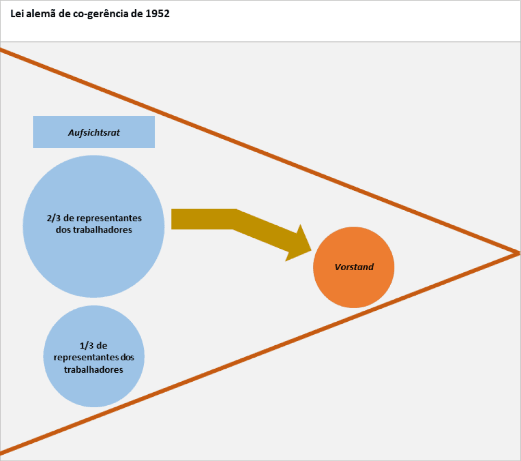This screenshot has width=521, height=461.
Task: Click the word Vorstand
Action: (354, 267)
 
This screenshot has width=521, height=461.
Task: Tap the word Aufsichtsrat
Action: (94, 133)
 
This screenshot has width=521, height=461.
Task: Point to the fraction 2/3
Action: (54, 219)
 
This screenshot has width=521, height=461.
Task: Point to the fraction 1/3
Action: (87, 346)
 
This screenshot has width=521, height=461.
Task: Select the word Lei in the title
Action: (16, 14)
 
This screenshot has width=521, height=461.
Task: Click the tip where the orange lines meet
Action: (518, 253)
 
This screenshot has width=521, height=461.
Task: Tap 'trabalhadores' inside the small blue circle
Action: (94, 370)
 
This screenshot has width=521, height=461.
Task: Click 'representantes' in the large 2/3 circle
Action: (108, 219)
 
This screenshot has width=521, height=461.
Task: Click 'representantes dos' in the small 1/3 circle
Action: (94, 358)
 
